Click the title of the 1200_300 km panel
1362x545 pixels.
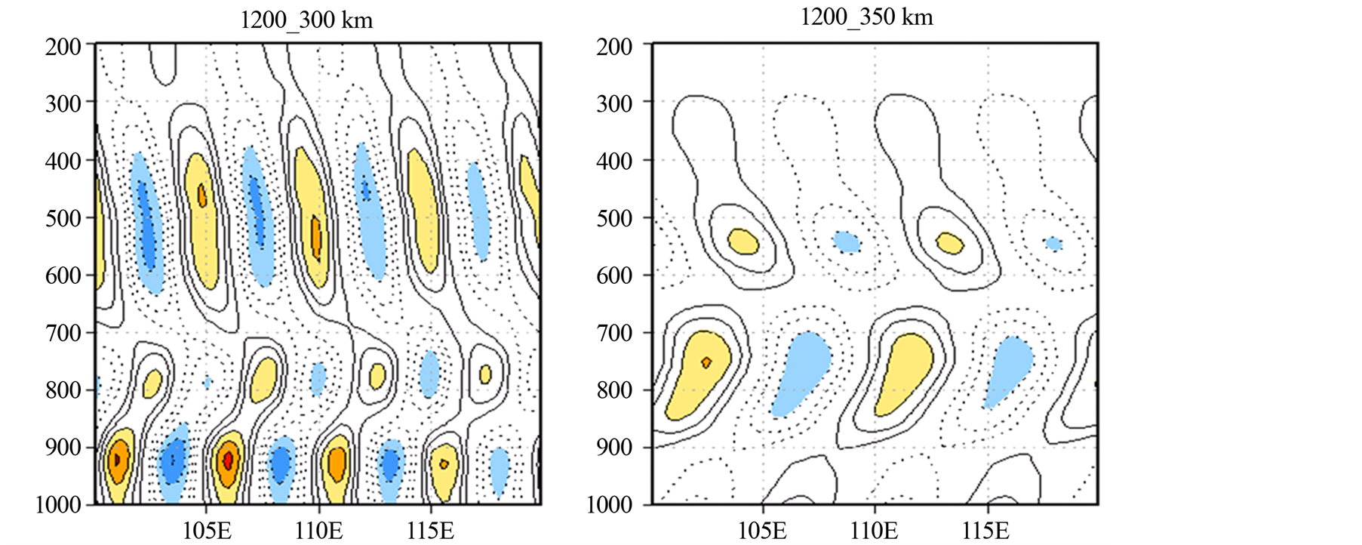click(306, 20)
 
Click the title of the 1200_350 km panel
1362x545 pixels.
click(866, 17)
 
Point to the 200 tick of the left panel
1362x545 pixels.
click(63, 47)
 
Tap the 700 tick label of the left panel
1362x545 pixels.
click(63, 333)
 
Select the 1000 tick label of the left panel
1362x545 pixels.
click(58, 504)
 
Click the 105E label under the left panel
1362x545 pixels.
click(207, 531)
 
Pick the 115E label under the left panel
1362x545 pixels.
click(430, 531)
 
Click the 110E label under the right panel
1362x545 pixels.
click(875, 531)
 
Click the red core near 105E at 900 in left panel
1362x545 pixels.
click(229, 458)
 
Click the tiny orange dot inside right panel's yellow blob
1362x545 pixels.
click(706, 362)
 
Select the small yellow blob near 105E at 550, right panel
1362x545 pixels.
click(743, 242)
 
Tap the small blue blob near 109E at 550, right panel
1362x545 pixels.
click(847, 242)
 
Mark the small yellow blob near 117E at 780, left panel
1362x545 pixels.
click(485, 374)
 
